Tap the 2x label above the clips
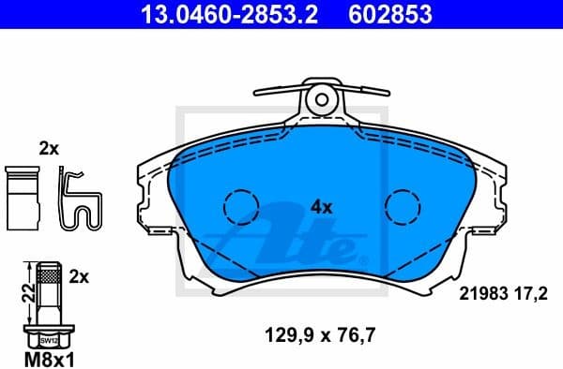tap(48, 147)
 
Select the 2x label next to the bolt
tap(79, 277)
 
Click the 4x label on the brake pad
tap(322, 208)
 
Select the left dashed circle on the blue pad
tap(240, 205)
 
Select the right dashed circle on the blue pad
tap(403, 205)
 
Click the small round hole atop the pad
tap(321, 97)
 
